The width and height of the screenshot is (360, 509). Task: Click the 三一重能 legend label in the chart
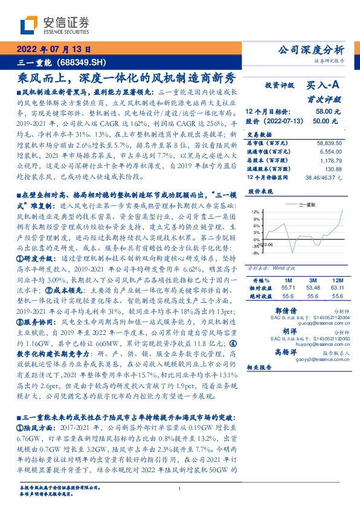click(308, 205)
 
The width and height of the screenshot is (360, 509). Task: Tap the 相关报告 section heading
click(260, 368)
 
